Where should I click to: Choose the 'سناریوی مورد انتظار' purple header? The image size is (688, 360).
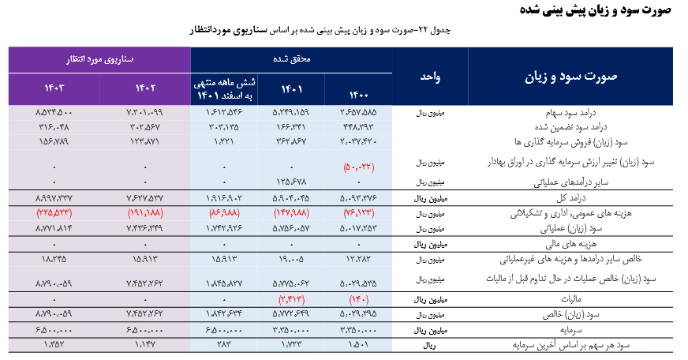(100, 59)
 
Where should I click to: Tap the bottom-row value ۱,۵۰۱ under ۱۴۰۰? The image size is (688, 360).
(359, 345)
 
